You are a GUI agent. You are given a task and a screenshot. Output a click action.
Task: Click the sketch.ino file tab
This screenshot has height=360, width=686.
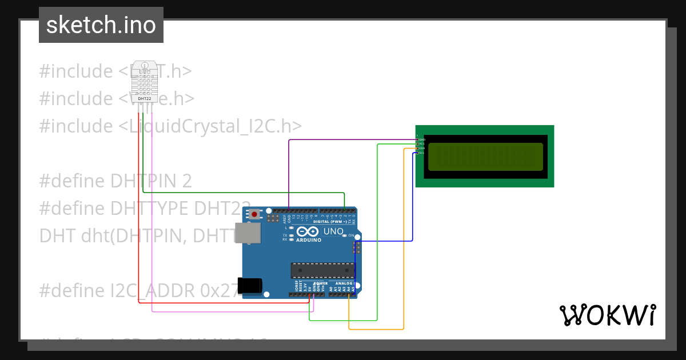101,25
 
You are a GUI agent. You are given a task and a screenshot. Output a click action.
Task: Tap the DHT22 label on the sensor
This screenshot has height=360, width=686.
145,98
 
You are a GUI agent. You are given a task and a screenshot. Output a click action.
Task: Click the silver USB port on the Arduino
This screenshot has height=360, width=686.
248,233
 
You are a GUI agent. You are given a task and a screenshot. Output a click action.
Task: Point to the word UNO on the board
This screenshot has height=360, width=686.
333,231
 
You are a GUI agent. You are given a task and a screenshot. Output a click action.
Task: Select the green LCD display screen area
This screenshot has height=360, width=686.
485,157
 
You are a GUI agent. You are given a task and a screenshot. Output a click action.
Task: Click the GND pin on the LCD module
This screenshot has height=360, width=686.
418,139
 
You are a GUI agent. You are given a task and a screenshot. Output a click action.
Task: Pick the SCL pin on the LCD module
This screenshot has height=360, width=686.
418,153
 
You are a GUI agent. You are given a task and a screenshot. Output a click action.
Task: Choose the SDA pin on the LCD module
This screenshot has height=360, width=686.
418,148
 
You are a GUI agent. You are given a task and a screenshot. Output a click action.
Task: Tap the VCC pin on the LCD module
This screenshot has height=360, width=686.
418,144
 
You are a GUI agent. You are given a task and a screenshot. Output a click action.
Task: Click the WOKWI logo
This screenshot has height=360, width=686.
607,314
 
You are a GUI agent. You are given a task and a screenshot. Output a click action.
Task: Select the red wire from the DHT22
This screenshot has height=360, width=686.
138,229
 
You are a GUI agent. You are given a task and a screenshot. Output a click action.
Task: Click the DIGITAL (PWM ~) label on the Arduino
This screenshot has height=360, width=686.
329,221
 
